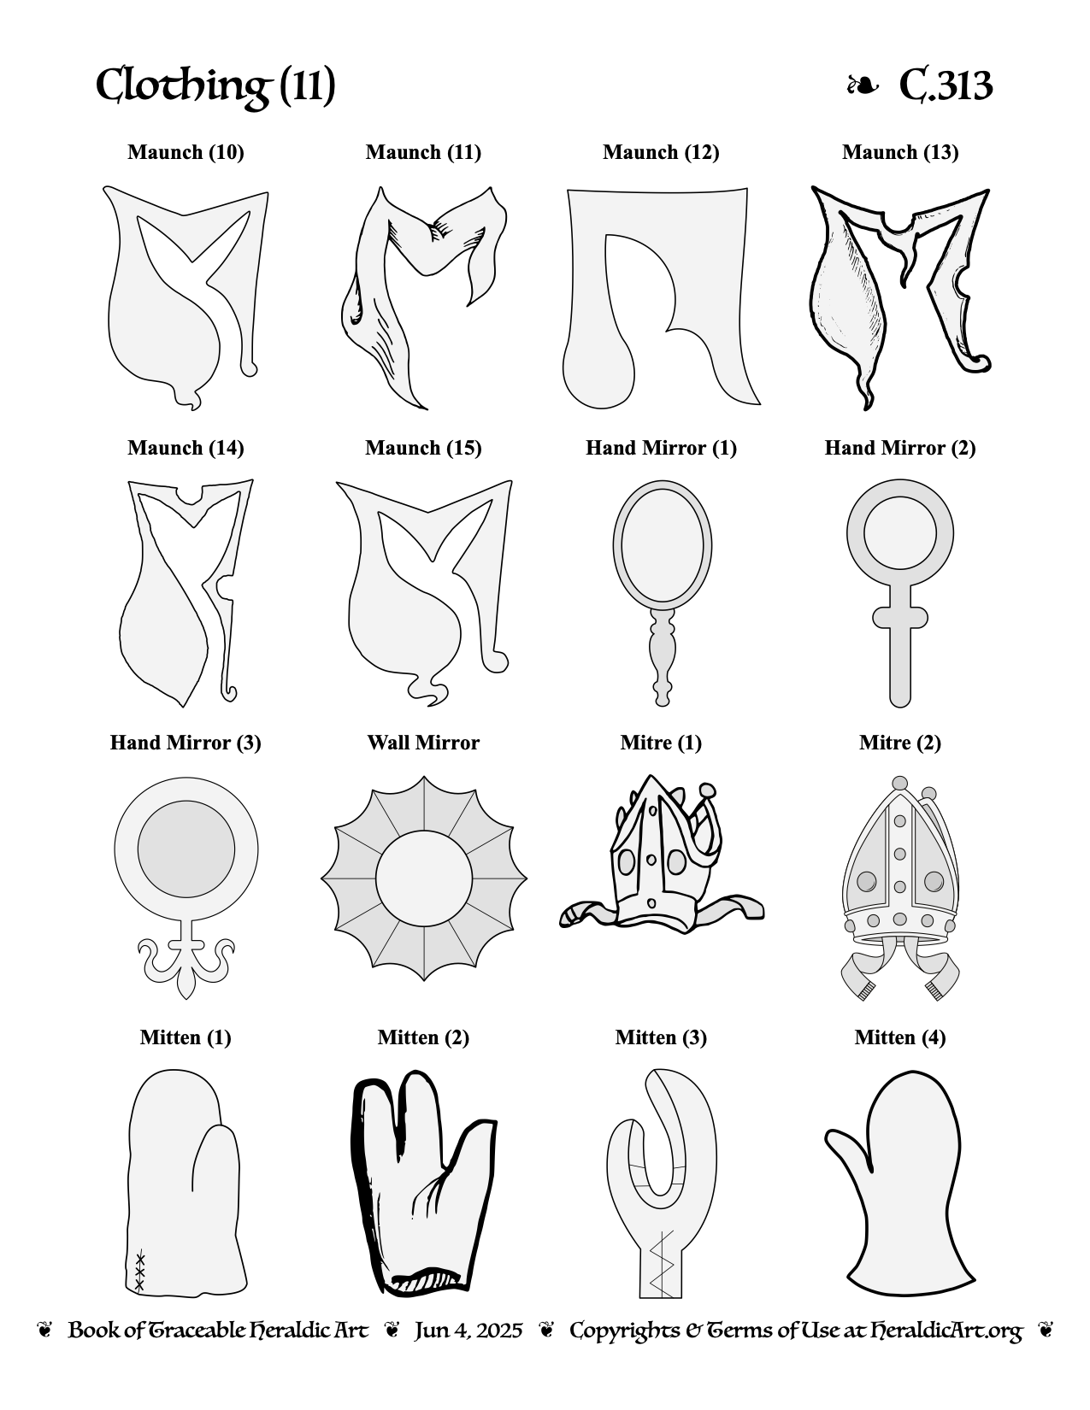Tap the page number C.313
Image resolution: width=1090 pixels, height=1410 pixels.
tap(946, 85)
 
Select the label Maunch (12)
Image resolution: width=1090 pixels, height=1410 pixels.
tap(661, 152)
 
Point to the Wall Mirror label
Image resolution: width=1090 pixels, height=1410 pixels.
tap(423, 743)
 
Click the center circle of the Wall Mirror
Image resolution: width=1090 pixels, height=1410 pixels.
tap(424, 878)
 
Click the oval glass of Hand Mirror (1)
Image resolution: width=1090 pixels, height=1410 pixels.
tap(663, 546)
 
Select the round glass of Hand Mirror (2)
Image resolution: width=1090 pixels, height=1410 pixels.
tap(900, 532)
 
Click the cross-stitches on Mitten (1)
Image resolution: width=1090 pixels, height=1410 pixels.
tap(139, 1273)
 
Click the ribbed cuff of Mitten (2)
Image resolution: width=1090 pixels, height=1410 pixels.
tap(423, 1283)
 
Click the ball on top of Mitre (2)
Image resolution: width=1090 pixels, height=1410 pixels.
tap(900, 783)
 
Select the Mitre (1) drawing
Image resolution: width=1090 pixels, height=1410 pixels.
tap(662, 854)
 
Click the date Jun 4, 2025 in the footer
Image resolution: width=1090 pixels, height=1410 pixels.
tap(468, 1331)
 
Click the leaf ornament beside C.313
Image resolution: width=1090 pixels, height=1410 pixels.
tap(863, 85)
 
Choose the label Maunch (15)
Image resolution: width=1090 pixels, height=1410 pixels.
tap(423, 449)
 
